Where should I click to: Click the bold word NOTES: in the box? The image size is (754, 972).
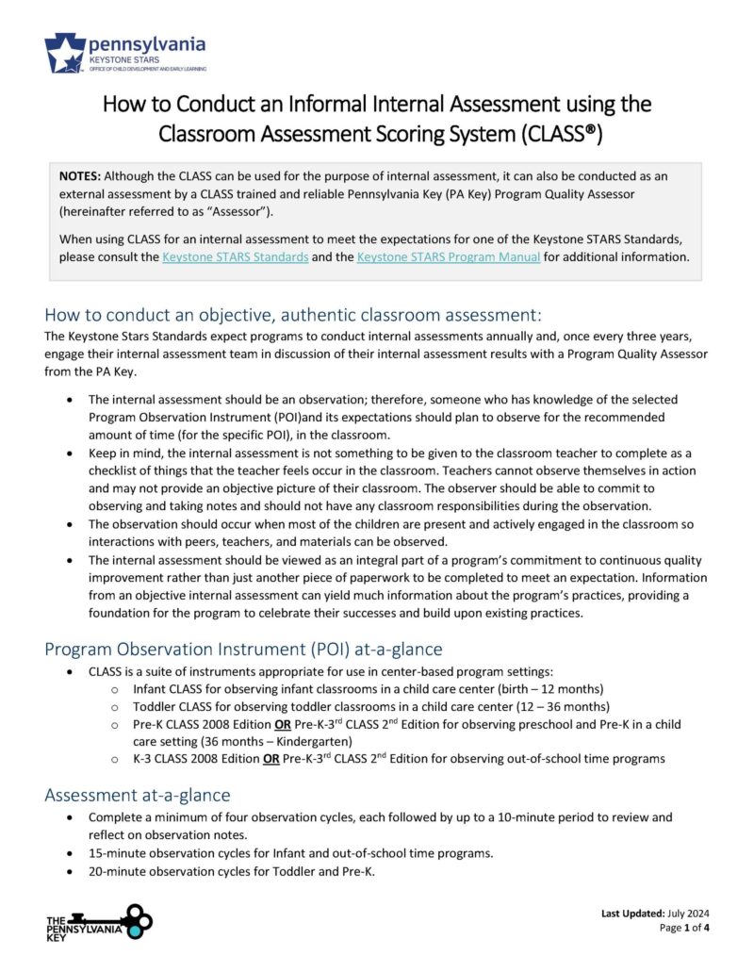click(x=80, y=176)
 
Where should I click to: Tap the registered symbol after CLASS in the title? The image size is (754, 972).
click(x=591, y=134)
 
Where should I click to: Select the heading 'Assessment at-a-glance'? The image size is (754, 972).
click(x=137, y=795)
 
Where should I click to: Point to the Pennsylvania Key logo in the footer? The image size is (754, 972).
click(x=99, y=923)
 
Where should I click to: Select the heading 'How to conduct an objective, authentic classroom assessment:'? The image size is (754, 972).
click(x=292, y=314)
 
